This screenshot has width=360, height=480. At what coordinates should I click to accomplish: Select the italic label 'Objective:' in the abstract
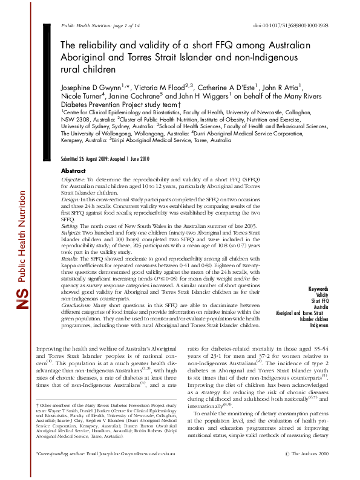(x=74, y=180)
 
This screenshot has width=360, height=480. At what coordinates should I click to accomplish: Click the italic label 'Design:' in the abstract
(x=71, y=199)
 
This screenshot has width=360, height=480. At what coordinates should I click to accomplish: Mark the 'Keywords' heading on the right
(x=319, y=289)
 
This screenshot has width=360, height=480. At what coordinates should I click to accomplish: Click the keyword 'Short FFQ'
(x=320, y=300)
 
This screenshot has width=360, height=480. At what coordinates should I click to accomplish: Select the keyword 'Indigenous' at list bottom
(x=319, y=325)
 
